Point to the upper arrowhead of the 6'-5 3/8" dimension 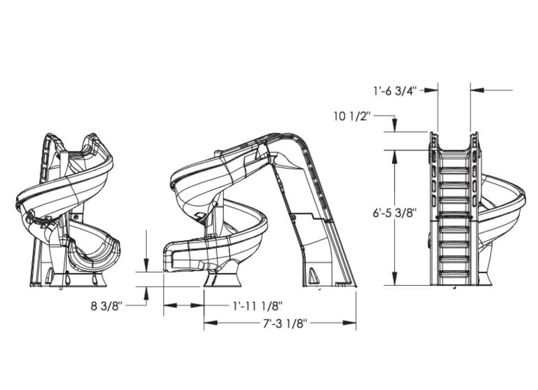(x=395, y=154)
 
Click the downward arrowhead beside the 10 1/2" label (x=395, y=127)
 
